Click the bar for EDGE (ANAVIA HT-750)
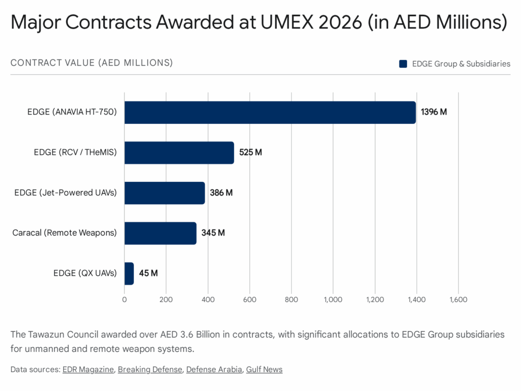pos(270,113)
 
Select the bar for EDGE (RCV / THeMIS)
pos(179,153)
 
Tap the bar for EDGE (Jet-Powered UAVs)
pos(164,193)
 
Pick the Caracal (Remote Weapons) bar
pos(160,233)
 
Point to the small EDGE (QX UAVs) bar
pos(129,273)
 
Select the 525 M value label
pos(251,153)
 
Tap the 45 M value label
pos(148,273)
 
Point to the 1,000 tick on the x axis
pos(333,300)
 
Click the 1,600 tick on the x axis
pos(458,300)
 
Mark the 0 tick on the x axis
pos(125,300)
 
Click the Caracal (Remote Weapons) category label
pos(65,233)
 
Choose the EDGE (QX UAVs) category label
pos(85,273)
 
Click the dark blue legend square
pos(403,64)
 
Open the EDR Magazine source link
pos(88,370)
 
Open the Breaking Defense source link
pos(150,370)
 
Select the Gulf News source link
pos(264,370)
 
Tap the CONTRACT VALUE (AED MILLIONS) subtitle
pos(92,63)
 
